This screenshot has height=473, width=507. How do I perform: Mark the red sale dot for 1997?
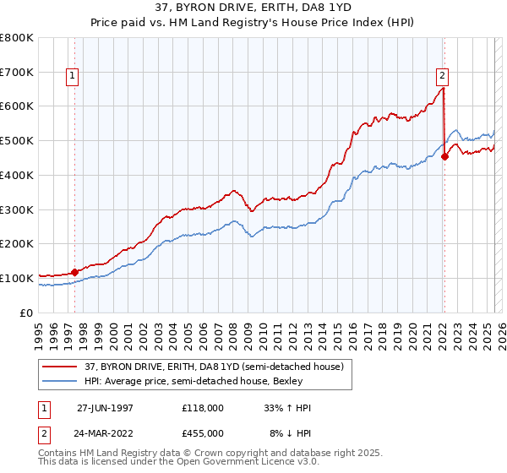pyautogui.click(x=74, y=272)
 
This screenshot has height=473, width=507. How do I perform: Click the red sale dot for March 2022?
pyautogui.click(x=444, y=156)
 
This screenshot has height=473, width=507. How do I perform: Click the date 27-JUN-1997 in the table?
pyautogui.click(x=105, y=408)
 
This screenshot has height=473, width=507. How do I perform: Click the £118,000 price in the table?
pyautogui.click(x=204, y=408)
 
